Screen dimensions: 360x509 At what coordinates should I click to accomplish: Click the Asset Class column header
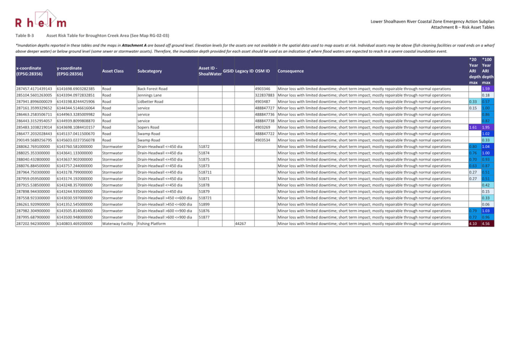coord(113,71)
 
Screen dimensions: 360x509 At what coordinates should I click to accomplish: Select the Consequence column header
coord(290,71)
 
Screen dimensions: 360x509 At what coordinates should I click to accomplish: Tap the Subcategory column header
coord(149,71)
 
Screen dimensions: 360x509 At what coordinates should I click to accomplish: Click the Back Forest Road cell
coord(152,89)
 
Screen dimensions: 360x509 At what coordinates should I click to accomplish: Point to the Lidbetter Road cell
coord(150,102)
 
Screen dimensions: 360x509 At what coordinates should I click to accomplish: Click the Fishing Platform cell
coord(151,224)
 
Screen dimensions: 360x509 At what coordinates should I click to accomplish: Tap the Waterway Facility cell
coord(118,224)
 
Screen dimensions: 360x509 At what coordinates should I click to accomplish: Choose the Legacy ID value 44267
coord(240,224)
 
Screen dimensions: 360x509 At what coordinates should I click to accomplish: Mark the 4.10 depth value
coord(473,224)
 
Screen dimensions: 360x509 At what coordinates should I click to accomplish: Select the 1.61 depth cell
coord(473,127)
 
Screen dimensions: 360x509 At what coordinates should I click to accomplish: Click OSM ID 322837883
coord(264,95)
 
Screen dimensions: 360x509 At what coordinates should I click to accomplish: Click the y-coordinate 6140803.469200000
coord(75,224)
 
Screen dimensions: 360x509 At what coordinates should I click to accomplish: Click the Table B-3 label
coord(24,36)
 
